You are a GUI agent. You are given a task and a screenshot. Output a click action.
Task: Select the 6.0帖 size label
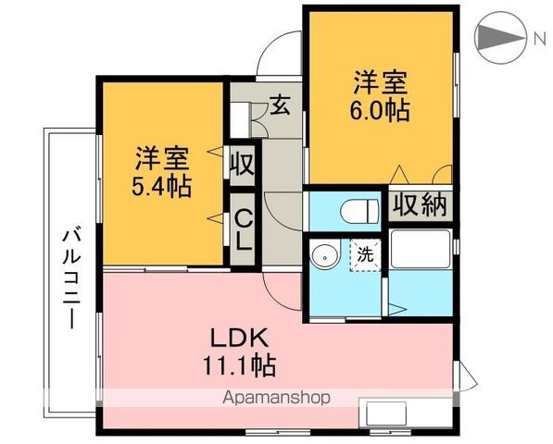[x=380, y=108]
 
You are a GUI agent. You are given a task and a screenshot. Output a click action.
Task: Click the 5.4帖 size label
[x=161, y=186]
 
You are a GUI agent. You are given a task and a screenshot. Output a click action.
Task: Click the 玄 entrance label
[x=279, y=105]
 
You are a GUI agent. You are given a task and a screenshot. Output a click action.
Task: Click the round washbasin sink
[x=324, y=255]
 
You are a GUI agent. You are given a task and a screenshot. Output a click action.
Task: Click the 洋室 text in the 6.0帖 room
[x=380, y=80]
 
